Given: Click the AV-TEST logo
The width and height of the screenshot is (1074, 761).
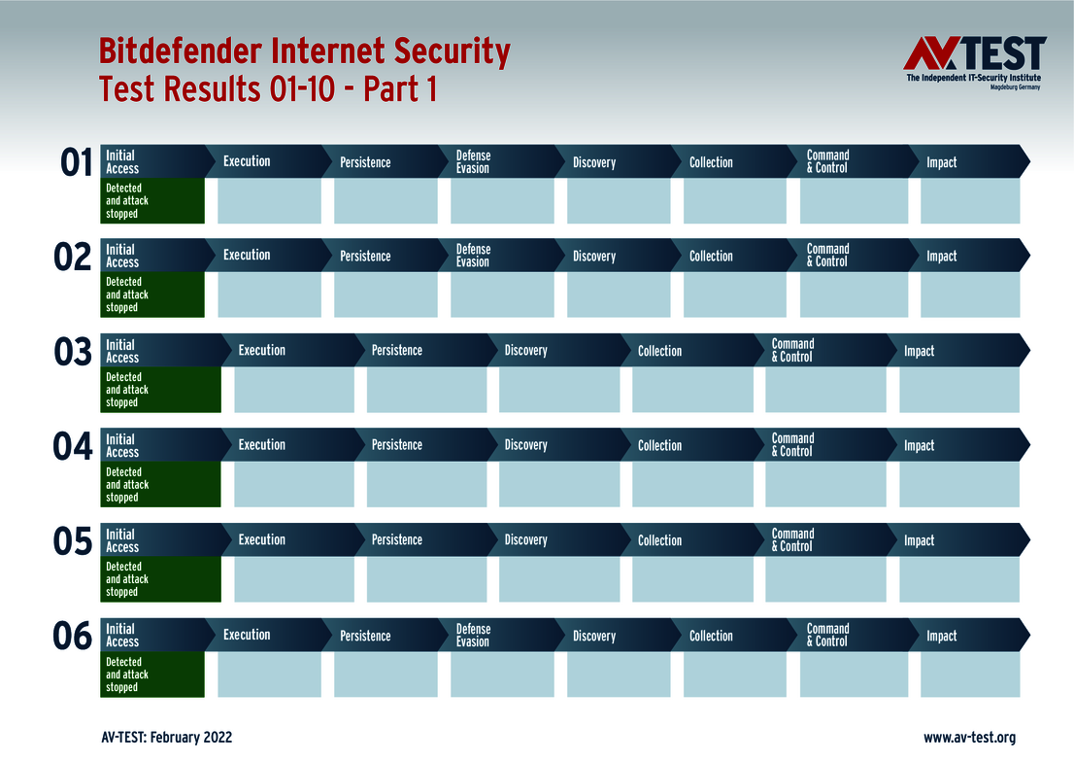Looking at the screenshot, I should click(974, 62).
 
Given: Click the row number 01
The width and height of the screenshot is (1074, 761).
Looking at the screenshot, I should click(76, 163).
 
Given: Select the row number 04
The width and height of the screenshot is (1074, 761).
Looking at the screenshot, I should click(73, 447).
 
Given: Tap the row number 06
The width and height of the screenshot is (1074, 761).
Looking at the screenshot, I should click(73, 637).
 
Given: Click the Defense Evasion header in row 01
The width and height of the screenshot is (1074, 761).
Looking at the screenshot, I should click(473, 161).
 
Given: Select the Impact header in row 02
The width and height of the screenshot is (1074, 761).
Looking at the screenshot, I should click(941, 256).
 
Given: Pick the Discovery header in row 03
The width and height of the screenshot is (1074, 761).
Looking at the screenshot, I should click(525, 350).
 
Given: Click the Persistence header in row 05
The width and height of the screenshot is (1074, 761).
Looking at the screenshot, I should click(396, 539).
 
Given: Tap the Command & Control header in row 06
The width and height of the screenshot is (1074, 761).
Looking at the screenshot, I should click(827, 635).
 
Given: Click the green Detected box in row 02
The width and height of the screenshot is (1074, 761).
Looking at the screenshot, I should click(152, 294).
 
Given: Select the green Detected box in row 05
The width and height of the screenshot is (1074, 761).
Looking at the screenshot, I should click(161, 579).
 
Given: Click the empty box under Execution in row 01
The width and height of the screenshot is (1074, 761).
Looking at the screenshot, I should click(269, 201).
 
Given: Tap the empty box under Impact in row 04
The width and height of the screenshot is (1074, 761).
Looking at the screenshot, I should click(958, 484).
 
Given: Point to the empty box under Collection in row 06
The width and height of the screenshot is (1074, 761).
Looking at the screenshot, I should click(734, 675).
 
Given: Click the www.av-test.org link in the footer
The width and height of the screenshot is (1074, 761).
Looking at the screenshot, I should click(969, 738).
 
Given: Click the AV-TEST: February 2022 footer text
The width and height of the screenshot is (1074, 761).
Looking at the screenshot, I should click(166, 738).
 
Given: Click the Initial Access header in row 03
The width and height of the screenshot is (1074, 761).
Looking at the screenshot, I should click(122, 351).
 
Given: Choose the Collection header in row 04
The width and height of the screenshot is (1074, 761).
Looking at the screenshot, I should click(659, 445).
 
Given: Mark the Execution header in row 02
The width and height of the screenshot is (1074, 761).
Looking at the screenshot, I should click(247, 255).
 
